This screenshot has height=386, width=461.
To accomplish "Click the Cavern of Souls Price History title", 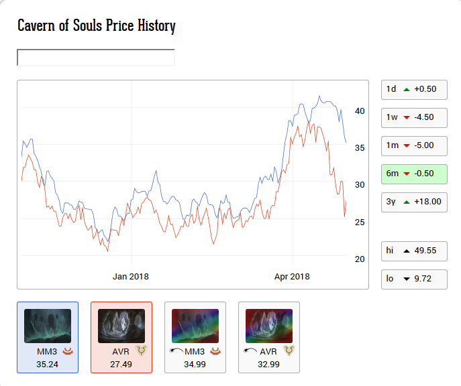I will tap(96, 26).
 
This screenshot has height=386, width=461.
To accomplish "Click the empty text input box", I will tap(95, 58).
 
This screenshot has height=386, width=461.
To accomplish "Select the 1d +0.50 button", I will tap(413, 89).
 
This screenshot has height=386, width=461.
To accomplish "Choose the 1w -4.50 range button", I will tap(413, 117).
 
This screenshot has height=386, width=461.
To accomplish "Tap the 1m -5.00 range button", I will tap(413, 145).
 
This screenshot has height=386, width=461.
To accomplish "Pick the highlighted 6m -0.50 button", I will tap(413, 174).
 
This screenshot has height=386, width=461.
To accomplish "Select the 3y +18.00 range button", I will tap(413, 202).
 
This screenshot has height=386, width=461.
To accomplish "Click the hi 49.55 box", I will tap(413, 251).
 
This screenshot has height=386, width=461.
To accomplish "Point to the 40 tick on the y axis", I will tap(360, 111).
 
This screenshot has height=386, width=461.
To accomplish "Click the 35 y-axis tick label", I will tap(360, 148).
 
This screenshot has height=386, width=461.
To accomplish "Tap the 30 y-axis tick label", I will tap(360, 185).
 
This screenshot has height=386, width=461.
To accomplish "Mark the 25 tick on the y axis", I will tap(360, 222).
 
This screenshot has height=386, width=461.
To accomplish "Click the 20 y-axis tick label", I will tap(360, 259).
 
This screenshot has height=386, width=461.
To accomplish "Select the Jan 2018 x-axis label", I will tap(130, 276).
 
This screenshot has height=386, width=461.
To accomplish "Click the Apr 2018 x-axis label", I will tap(292, 276).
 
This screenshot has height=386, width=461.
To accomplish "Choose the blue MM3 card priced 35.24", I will tap(48, 337).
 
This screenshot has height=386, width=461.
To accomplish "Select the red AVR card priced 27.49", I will tap(121, 337).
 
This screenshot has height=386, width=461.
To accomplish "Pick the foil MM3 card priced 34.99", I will tap(195, 337).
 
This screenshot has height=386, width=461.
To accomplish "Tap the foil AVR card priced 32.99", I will tap(269, 337).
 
